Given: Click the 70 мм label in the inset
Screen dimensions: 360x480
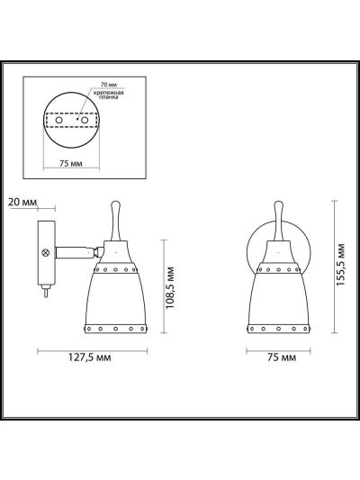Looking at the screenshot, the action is [109, 84].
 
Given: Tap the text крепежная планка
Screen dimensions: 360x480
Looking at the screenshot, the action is [109, 95].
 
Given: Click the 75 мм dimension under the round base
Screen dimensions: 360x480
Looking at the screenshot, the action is [71, 164].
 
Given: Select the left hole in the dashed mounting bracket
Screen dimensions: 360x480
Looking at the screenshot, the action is [59, 120].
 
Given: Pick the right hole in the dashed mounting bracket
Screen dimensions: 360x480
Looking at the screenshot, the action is [85, 120].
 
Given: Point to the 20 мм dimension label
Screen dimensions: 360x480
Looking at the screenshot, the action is [22, 202].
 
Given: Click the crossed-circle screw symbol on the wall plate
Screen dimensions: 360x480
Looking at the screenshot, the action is [46, 253].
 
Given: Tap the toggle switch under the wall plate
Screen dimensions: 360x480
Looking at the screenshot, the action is [46, 290].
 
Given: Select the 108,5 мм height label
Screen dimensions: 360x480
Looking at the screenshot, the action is [170, 288].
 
